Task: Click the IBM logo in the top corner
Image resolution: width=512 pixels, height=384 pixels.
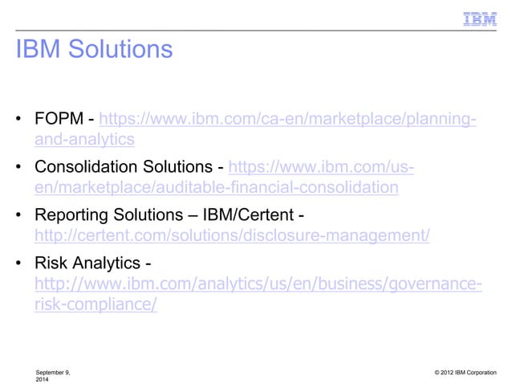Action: click(480, 18)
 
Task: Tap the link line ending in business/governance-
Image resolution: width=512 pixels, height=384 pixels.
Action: click(258, 287)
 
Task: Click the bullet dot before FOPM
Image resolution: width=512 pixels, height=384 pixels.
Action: click(18, 122)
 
